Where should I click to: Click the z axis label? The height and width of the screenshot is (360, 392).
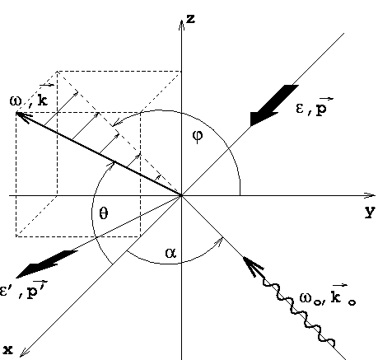tap(191, 19)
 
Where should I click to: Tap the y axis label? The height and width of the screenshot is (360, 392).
tap(370, 212)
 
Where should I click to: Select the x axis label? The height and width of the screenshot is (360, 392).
tap(8, 350)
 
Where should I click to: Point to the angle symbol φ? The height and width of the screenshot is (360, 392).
tap(198, 136)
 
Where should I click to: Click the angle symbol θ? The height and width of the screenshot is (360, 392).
tap(103, 213)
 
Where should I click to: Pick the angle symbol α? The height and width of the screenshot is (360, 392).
tap(170, 253)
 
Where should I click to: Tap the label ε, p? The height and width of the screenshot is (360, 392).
tap(315, 107)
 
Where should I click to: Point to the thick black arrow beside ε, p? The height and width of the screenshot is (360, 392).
tap(274, 105)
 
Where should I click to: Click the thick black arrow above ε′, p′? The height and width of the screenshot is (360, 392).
tap(47, 264)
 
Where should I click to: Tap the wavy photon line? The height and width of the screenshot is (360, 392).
tap(298, 311)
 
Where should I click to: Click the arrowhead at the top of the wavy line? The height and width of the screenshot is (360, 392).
tap(253, 266)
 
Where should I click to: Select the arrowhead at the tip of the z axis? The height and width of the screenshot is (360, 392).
tap(181, 26)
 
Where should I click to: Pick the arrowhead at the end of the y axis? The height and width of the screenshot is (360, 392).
tap(370, 195)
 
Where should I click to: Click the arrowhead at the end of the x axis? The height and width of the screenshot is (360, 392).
tap(24, 353)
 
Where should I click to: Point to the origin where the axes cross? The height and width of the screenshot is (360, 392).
tap(181, 195)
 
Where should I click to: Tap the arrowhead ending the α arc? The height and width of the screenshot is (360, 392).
tap(219, 241)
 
